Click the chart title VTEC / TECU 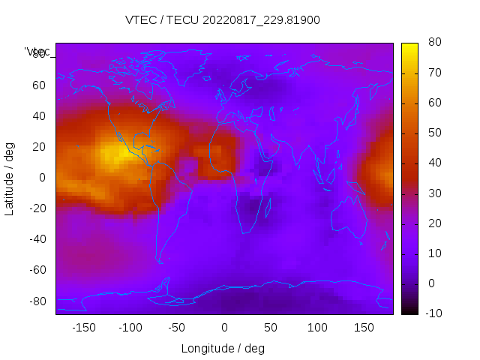pos(222,20)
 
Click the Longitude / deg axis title pos(223,349)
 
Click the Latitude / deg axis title pos(10,177)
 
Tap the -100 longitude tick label pos(130,328)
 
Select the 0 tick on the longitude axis pos(224,328)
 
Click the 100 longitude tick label pos(317,328)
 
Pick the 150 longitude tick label pos(364,328)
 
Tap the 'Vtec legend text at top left pos(37,51)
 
